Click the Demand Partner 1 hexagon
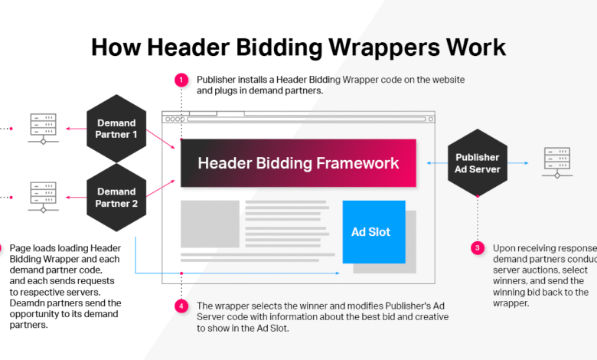point(116,128)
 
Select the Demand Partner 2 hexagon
point(116,197)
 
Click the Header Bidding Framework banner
point(298,163)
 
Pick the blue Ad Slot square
point(374,231)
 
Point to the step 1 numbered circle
point(181,80)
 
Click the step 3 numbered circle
point(478,248)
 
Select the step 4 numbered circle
point(181,306)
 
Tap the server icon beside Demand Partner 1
point(43,128)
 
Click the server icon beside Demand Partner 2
point(43,197)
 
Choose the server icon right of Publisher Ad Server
point(556,162)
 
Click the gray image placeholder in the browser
point(210,224)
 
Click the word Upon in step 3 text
point(504,248)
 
